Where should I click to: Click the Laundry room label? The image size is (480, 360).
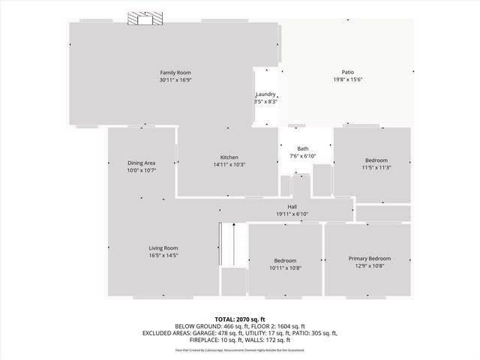(266, 94)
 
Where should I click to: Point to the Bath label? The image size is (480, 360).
(302, 148)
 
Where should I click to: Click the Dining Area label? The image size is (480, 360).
(141, 163)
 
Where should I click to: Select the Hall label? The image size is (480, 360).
(293, 206)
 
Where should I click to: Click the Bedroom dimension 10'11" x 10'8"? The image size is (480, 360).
(284, 267)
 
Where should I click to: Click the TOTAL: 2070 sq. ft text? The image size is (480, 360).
(239, 319)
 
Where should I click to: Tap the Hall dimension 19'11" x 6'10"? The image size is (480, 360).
(293, 214)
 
